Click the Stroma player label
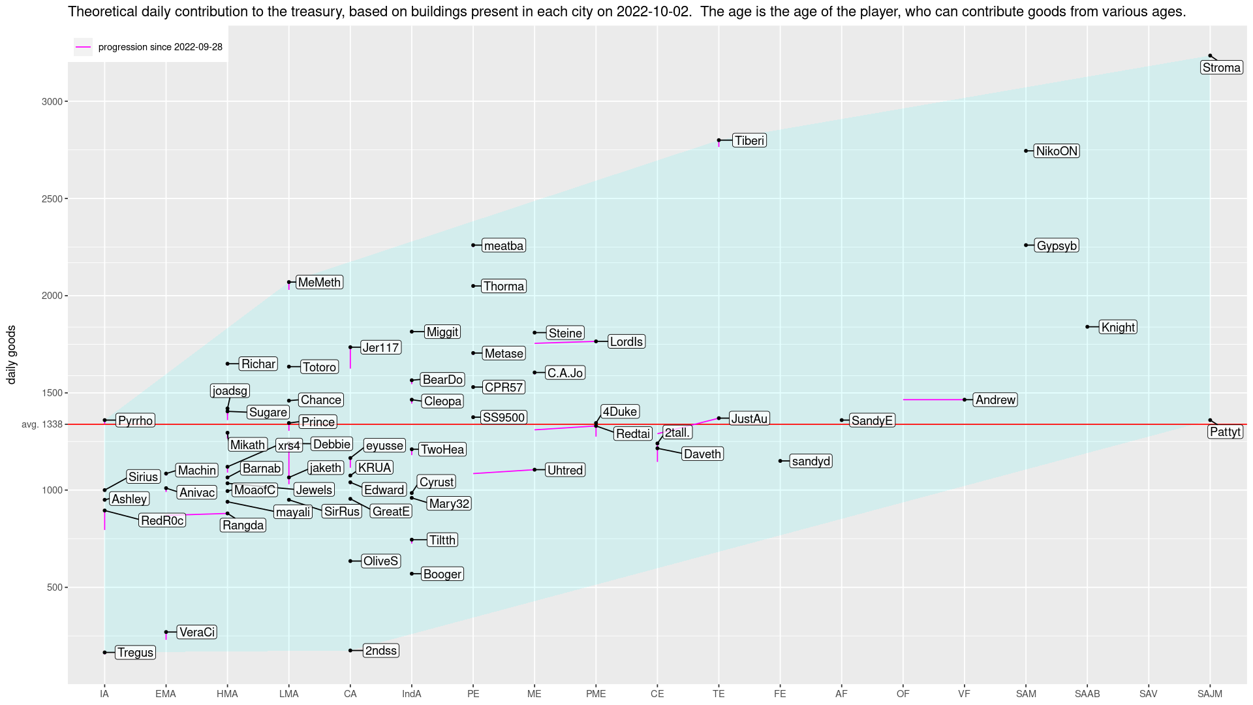[x=1222, y=68]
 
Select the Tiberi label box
[x=749, y=140]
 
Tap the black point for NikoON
[x=1026, y=151]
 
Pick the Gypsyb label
[x=1057, y=245]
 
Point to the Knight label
[x=1118, y=327]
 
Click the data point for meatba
[x=473, y=245]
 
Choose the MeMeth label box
[x=319, y=282]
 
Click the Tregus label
[x=136, y=652]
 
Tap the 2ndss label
[x=381, y=651]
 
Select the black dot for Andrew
[x=965, y=399]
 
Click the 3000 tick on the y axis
[x=53, y=102]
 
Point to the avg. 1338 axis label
[x=42, y=424]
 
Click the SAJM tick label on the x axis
[x=1210, y=694]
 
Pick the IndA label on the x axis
[x=412, y=694]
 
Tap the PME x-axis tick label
[x=596, y=694]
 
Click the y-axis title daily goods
[x=11, y=355]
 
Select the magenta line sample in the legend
[x=83, y=47]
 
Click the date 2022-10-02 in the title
[x=654, y=12]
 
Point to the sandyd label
[x=811, y=462]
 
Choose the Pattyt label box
[x=1226, y=432]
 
